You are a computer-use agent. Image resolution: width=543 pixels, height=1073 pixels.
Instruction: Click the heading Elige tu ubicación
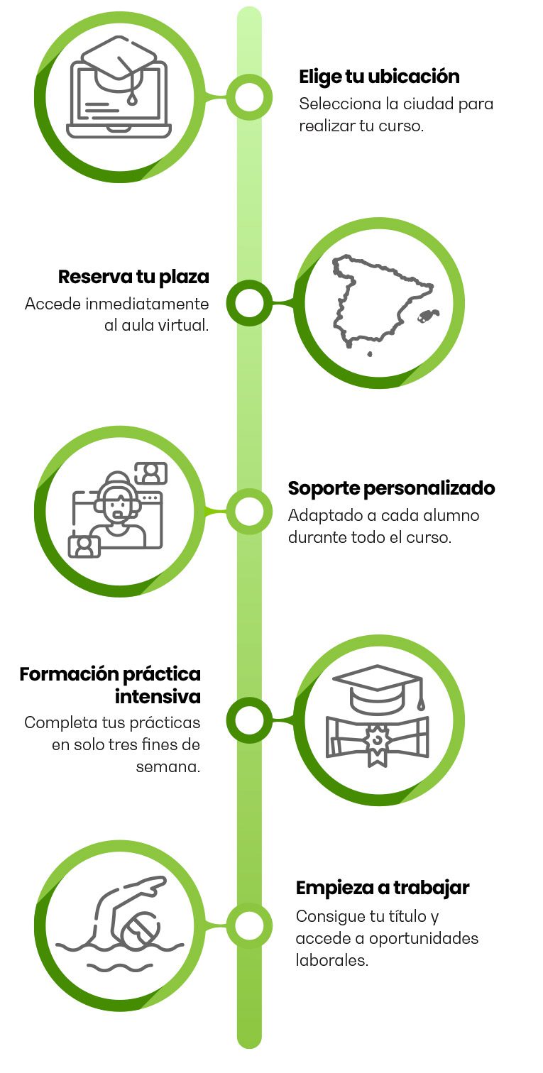pos(379,77)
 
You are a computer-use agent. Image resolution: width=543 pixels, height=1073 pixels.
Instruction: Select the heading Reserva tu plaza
pos(133,276)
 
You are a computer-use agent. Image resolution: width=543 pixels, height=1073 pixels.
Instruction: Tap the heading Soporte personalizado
pos(391,488)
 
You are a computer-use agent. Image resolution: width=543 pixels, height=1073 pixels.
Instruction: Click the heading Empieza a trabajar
pos(383,888)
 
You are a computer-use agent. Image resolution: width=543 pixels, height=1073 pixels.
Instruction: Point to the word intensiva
pos(158,696)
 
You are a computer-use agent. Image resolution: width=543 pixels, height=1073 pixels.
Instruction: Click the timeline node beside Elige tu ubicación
pos(248,96)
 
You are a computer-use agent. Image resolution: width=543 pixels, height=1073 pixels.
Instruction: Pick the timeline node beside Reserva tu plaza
pos(248,303)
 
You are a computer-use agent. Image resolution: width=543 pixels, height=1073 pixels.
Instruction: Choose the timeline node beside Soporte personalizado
pos(248,511)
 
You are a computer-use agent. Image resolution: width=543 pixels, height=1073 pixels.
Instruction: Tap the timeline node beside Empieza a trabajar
pos(248,926)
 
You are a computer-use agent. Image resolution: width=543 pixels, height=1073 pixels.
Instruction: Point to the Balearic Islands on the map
pos(429,315)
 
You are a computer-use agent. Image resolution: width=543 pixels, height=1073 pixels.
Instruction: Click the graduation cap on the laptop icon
pos(119,64)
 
